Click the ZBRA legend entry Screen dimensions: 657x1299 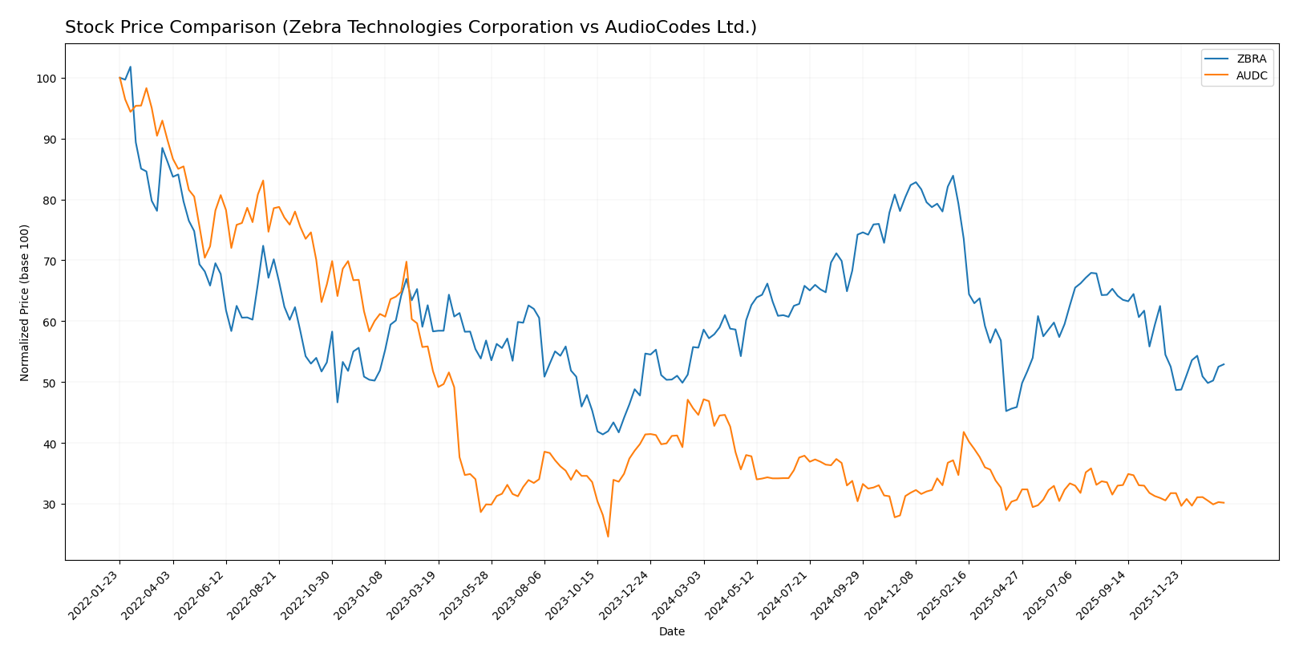point(1251,59)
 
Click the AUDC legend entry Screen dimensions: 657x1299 point(1251,75)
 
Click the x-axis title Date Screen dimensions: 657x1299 point(671,632)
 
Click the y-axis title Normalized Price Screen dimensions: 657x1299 point(25,302)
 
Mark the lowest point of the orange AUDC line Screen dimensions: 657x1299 point(608,536)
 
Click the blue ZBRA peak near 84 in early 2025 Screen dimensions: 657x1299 point(953,176)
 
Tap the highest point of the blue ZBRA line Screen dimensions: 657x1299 point(130,67)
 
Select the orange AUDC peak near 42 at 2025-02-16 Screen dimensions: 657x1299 point(964,432)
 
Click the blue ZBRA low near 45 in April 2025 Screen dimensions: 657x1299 point(1006,411)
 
